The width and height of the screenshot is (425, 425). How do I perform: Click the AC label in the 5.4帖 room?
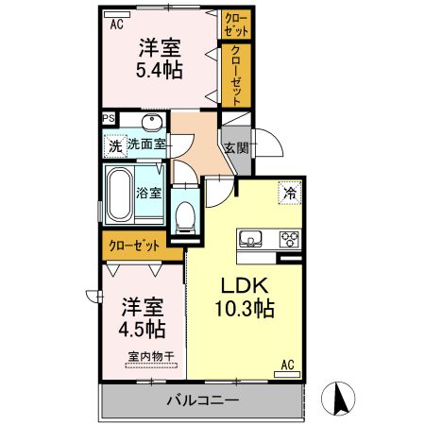pyautogui.click(x=117, y=25)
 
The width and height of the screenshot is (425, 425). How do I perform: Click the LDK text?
pyautogui.click(x=246, y=285)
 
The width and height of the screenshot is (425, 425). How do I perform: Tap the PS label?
pyautogui.click(x=109, y=119)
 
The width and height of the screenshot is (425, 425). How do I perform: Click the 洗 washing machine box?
pyautogui.click(x=113, y=146)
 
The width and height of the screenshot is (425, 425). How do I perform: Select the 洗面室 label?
pyautogui.click(x=147, y=144)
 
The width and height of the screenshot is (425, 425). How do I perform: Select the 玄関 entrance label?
pyautogui.click(x=235, y=148)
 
